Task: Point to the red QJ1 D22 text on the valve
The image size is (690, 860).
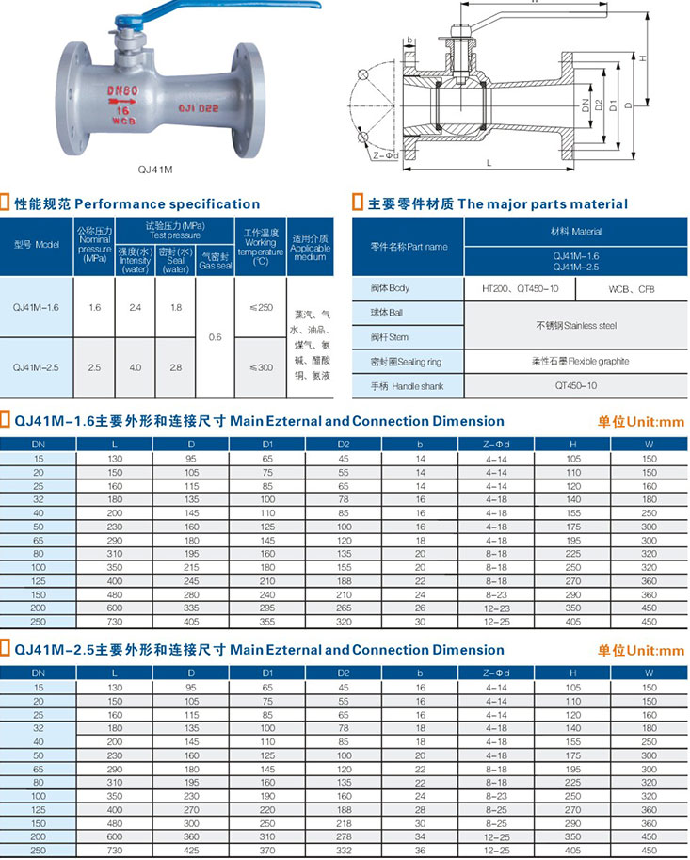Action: (199, 108)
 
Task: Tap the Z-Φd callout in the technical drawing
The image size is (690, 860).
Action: (386, 154)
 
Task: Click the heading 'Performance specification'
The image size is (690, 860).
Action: (167, 203)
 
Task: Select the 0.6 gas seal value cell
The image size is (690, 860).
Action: (215, 336)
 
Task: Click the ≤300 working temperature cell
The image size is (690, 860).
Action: (261, 366)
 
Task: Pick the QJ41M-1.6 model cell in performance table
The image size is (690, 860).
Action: (37, 307)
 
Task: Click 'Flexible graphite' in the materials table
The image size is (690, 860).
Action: (579, 361)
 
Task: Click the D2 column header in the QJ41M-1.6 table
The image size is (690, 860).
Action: (343, 442)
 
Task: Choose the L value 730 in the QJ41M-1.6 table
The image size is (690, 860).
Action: (115, 624)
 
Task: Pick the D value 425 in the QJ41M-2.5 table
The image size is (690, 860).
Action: (191, 851)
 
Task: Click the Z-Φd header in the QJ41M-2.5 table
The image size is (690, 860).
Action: (495, 673)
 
